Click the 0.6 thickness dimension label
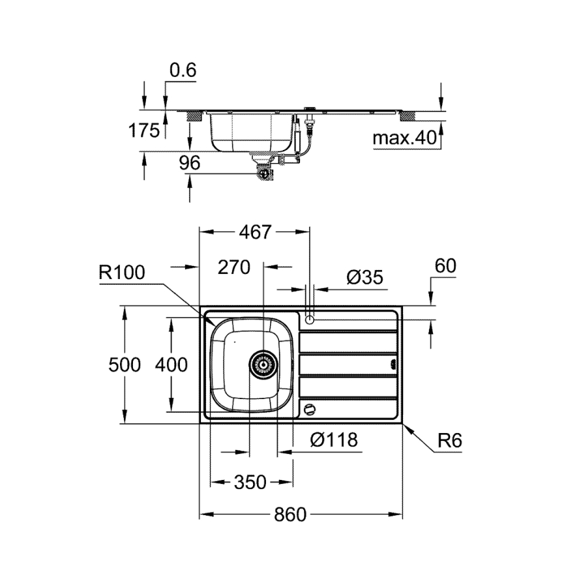[182, 70]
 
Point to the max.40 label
[403, 138]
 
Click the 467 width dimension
[254, 231]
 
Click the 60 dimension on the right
[444, 266]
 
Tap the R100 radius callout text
[122, 272]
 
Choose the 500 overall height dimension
[124, 365]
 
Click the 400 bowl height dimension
[171, 365]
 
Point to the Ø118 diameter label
[334, 440]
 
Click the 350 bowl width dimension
[250, 482]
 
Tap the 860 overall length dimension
[290, 514]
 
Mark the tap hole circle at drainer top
[310, 319]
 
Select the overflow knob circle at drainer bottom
[310, 410]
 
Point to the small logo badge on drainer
[393, 365]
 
